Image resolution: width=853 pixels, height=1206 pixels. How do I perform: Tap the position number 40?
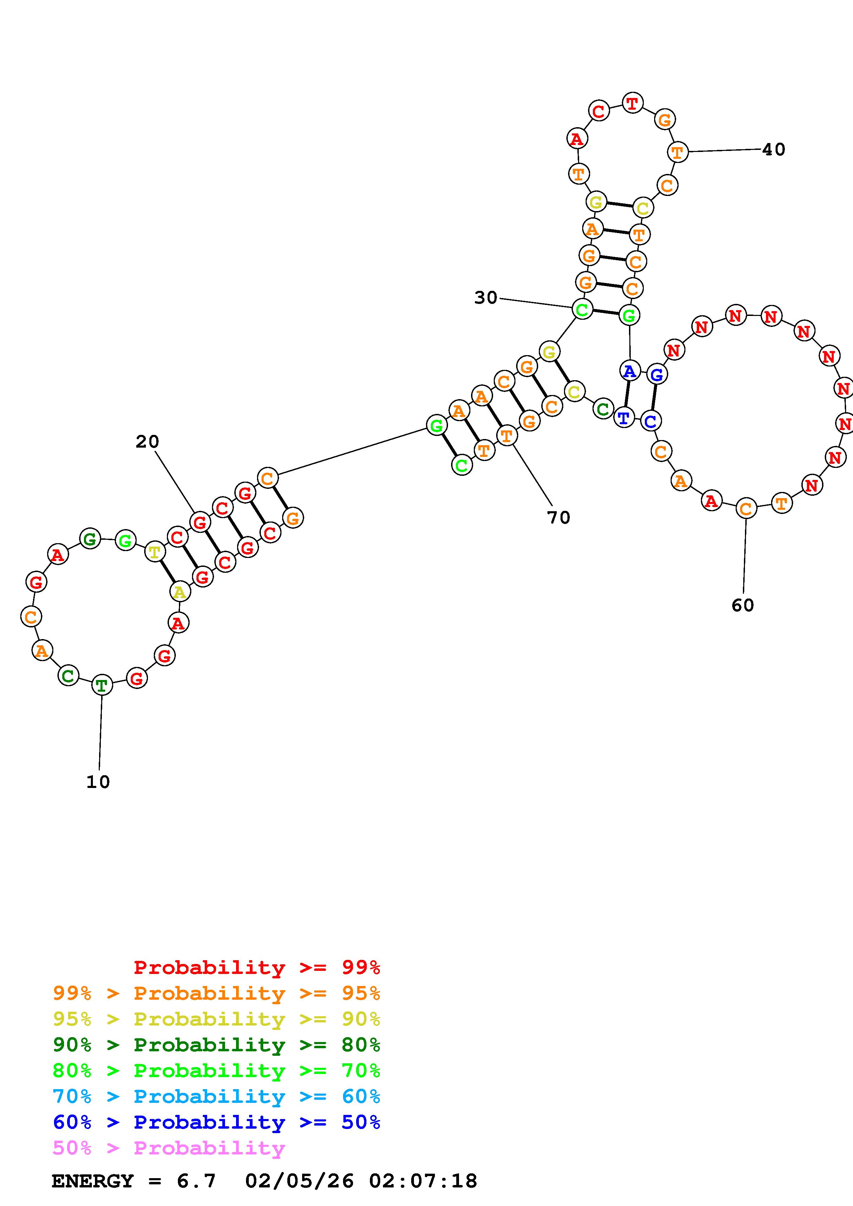(773, 150)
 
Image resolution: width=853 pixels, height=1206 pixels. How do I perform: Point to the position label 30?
(486, 298)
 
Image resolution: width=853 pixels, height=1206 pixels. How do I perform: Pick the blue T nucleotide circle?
(624, 418)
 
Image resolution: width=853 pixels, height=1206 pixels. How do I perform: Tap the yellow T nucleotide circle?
(154, 552)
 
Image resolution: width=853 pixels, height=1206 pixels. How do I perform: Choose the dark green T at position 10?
(102, 685)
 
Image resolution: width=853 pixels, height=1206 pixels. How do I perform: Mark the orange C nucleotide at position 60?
(746, 508)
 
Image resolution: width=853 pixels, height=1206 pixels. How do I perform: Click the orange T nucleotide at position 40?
(678, 152)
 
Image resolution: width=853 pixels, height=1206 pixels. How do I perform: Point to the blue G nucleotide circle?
(657, 374)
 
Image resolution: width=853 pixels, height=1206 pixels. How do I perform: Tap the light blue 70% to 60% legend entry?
(216, 1096)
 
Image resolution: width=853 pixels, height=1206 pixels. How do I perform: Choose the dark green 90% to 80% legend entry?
(216, 1045)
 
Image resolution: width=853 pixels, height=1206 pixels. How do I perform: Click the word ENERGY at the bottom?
(93, 1181)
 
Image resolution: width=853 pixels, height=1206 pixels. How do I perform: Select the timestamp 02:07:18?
(423, 1181)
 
